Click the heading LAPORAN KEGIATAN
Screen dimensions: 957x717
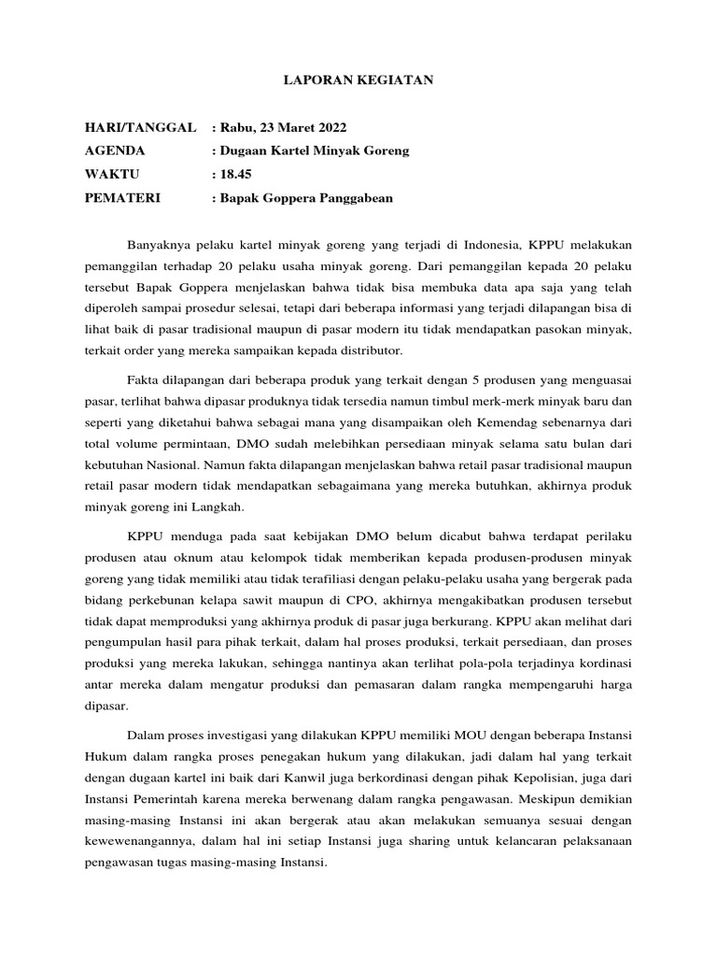coord(358,81)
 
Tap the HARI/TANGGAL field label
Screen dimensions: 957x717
coord(139,127)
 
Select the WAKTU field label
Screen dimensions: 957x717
coord(111,174)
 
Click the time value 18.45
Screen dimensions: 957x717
coord(236,174)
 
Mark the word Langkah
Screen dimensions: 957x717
coord(217,507)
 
